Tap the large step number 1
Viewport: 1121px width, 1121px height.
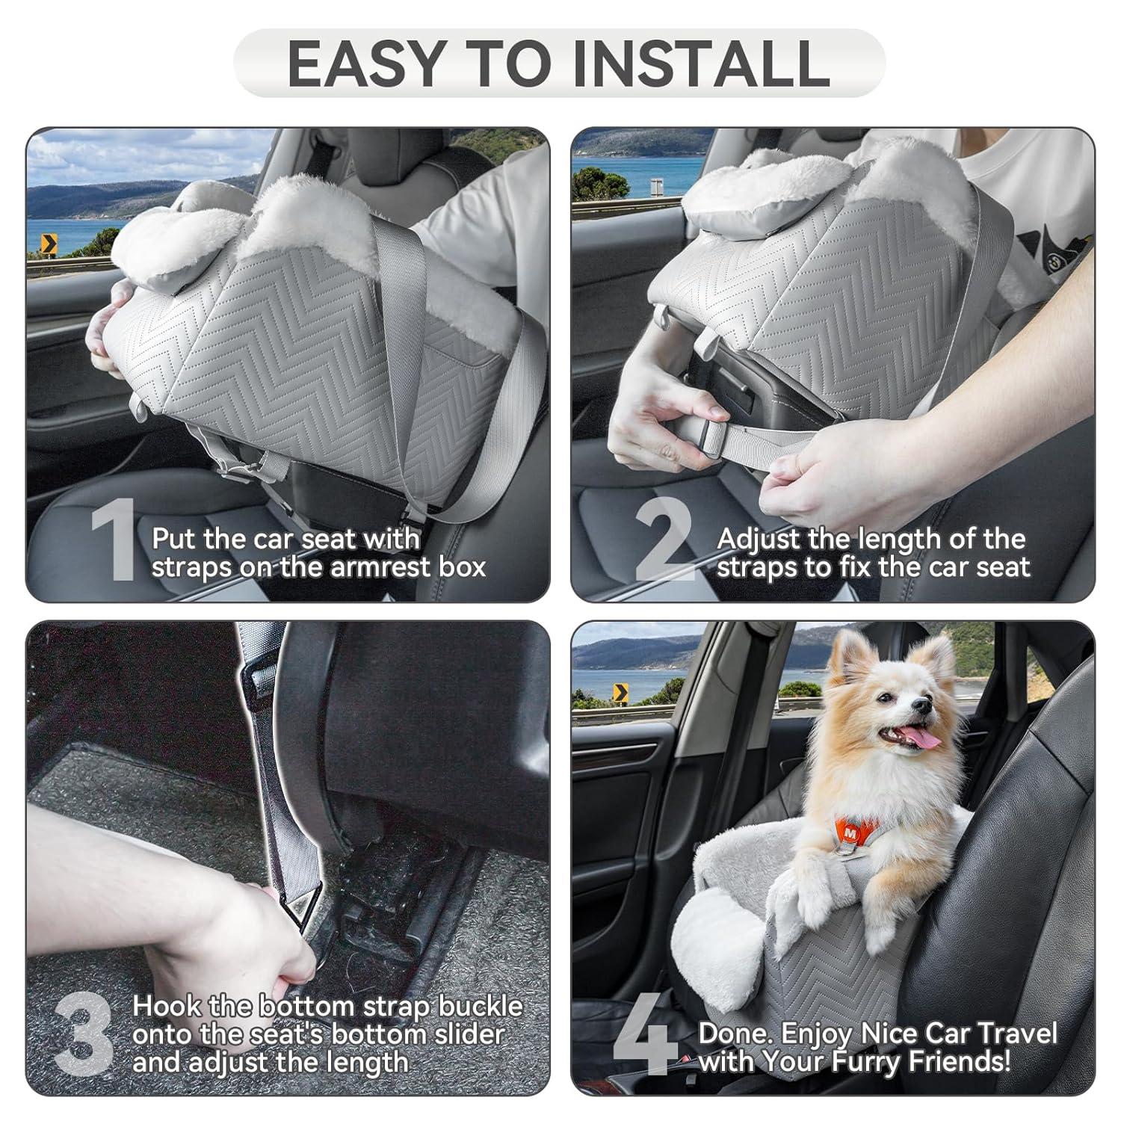coord(114,542)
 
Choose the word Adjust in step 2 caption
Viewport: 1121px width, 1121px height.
coord(759,539)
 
